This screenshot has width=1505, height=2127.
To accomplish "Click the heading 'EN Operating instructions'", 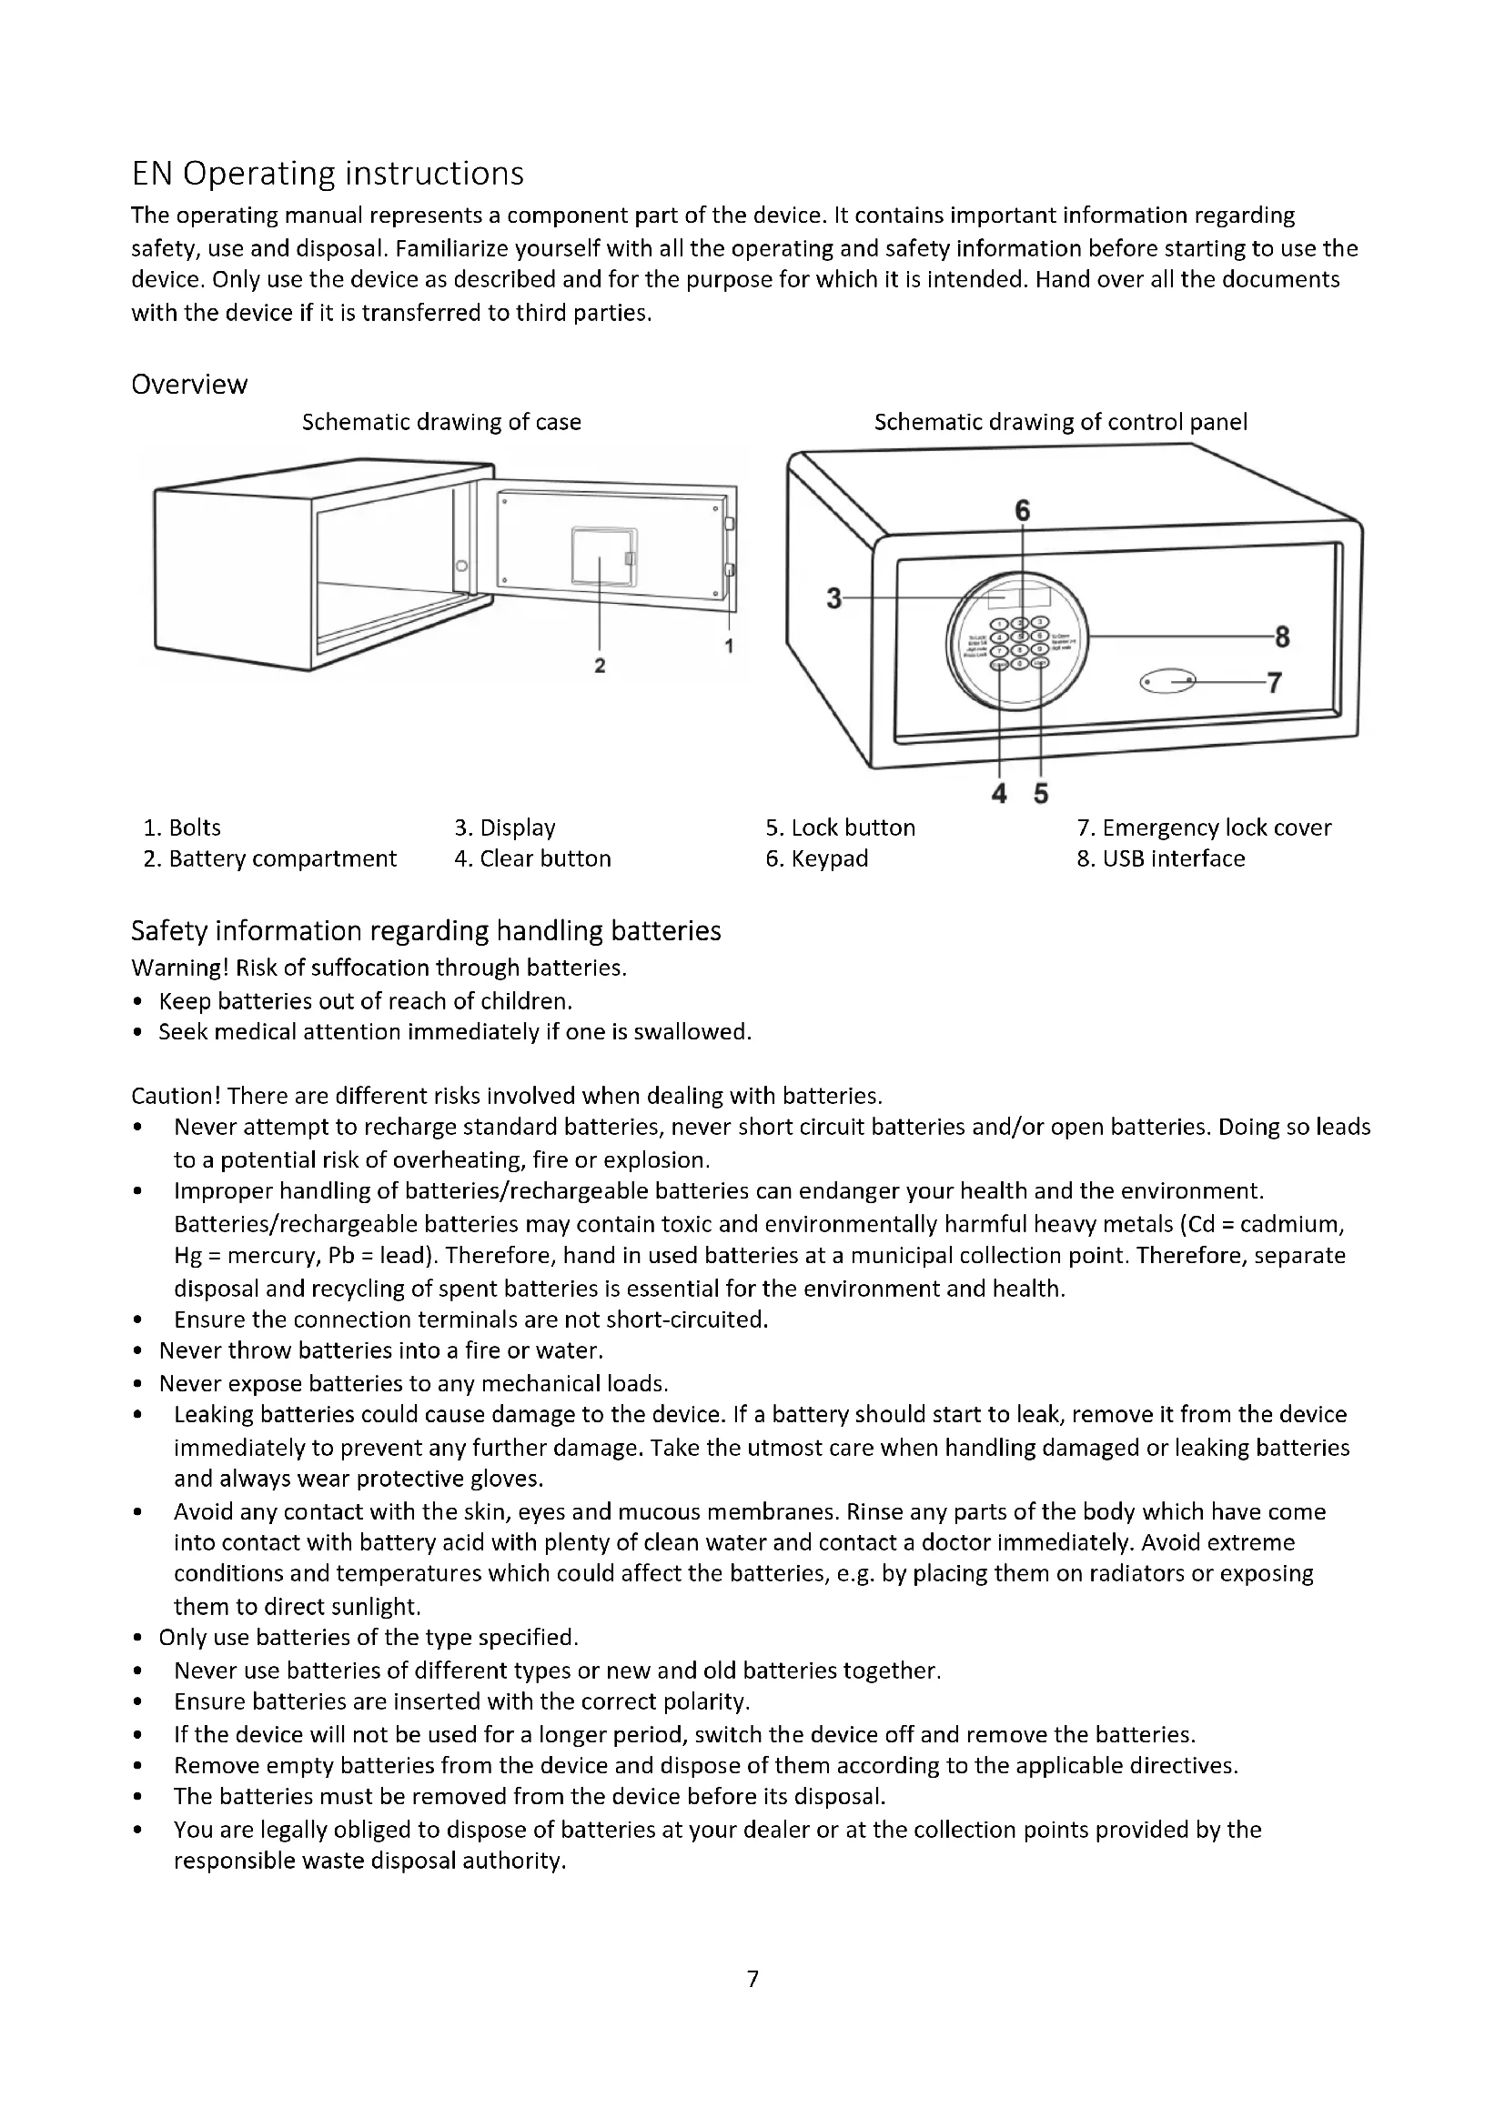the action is [328, 174].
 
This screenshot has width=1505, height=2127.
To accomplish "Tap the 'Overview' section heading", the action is [189, 384].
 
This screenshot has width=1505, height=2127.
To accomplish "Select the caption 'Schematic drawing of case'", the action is [441, 422].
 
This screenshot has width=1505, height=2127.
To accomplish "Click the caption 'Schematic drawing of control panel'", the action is [1060, 422].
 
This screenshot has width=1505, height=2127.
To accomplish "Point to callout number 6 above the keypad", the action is [1022, 510].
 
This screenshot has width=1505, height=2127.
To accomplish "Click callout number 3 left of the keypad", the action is [834, 598].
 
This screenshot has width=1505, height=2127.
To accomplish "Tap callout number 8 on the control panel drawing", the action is [1283, 637].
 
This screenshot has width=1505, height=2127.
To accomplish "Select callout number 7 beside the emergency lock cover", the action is [1274, 683].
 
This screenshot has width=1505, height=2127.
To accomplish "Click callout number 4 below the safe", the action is [999, 793].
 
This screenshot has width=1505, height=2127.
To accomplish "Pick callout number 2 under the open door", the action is [600, 665].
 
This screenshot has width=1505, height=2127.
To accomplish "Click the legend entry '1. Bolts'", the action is [182, 828].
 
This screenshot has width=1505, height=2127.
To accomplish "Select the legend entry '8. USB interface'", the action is [1160, 858].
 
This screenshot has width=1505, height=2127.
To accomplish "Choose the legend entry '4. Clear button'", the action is [532, 858].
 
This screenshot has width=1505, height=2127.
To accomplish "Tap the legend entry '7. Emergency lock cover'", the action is [1204, 828].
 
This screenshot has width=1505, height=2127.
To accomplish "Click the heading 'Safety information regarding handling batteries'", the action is [425, 930].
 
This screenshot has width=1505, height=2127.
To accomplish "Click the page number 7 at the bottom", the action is [752, 1978].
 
